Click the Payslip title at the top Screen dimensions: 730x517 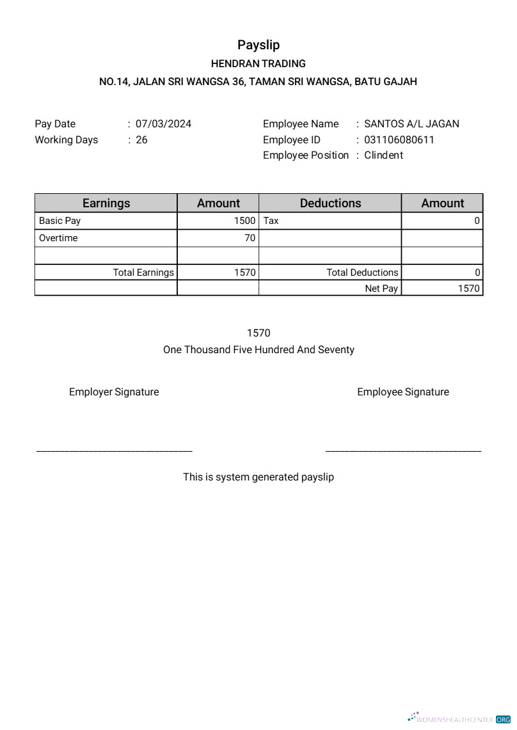[258, 45]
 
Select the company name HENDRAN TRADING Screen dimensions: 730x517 [258, 64]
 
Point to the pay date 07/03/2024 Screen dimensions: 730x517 [163, 124]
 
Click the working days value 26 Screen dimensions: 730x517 [141, 139]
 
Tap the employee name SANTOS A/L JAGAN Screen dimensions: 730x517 [411, 124]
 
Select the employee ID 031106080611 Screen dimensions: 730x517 [399, 139]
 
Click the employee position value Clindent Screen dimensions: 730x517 [383, 155]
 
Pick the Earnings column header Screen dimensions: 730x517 [106, 203]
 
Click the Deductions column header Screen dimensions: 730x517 [330, 203]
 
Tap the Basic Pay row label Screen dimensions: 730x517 [60, 221]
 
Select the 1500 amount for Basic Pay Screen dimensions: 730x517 [244, 221]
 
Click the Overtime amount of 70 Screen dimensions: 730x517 [250, 238]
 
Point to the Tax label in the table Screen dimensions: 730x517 [271, 221]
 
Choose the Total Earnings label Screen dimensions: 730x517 [143, 273]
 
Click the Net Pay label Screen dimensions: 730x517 [381, 289]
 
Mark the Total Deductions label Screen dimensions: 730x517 [362, 273]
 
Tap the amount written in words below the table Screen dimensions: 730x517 [258, 350]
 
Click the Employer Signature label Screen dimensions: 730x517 [114, 392]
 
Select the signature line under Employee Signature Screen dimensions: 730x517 [403, 452]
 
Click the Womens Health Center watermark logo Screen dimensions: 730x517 [459, 718]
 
